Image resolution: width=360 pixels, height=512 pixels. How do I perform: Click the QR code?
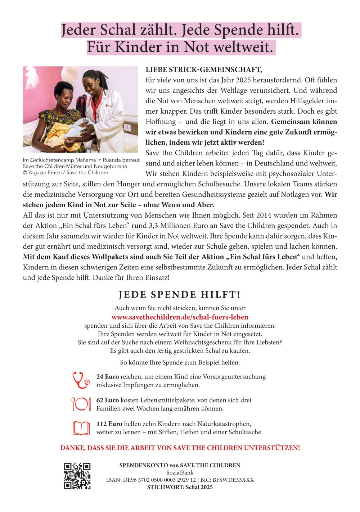coord(77,476)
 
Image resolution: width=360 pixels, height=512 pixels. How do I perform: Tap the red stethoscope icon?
coord(81,380)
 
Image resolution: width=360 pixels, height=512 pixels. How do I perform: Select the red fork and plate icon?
coord(81,404)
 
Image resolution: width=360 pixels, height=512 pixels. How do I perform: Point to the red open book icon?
coord(81,428)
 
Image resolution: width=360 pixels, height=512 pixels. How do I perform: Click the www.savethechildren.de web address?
coord(180,317)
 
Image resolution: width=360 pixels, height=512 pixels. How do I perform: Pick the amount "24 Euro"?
coord(107,377)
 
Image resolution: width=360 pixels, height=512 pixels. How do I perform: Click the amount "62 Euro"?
coord(107,400)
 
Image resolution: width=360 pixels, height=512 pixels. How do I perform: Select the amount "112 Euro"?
coord(109,424)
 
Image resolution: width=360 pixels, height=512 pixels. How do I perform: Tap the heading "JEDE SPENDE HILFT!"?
coord(180,295)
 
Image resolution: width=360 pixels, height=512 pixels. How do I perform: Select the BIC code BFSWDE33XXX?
coord(233,480)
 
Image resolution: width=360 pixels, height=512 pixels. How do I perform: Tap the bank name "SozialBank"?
coord(180,472)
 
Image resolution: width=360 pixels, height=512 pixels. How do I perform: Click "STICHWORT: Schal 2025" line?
coord(180,487)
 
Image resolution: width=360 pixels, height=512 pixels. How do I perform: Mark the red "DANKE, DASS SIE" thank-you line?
coord(180,448)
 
